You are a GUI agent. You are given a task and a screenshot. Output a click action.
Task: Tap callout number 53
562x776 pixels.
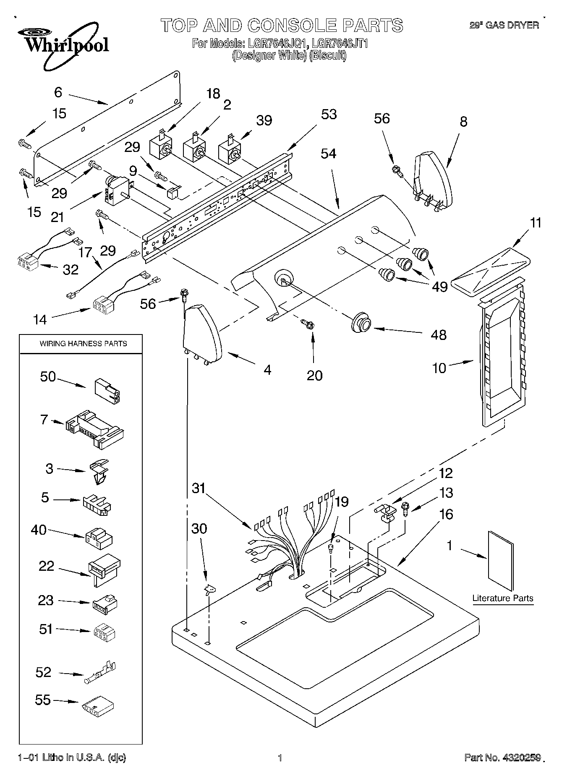(329, 114)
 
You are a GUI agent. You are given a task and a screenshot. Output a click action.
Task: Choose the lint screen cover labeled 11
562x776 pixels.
(489, 270)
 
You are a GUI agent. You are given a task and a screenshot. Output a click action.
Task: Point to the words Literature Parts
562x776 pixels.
(502, 598)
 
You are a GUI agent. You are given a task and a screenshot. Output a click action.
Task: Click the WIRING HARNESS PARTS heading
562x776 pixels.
(83, 344)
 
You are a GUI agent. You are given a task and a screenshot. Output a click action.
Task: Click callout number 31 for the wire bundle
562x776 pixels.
(199, 489)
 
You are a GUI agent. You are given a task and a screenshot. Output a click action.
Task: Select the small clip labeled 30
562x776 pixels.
(209, 590)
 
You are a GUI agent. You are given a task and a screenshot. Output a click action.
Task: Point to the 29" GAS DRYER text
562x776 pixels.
(504, 26)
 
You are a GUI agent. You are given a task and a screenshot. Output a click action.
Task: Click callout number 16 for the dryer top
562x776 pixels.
(447, 514)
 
